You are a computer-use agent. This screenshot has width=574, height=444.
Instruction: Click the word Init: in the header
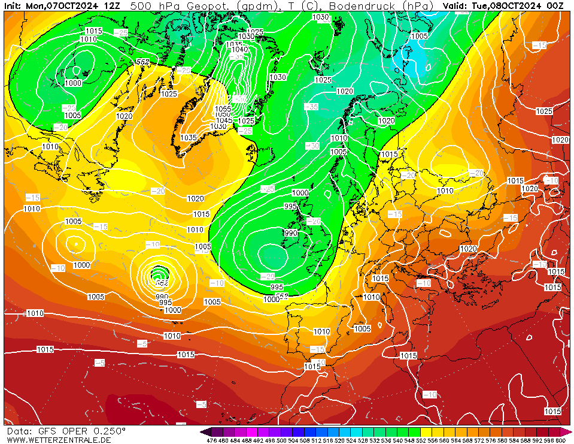click(x=13, y=5)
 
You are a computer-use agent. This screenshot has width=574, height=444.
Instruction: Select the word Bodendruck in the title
click(x=363, y=5)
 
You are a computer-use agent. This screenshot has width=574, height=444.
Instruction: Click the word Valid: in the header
click(x=455, y=5)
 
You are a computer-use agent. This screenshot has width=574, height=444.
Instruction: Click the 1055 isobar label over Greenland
click(x=223, y=109)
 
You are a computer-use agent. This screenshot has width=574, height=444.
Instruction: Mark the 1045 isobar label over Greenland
click(x=224, y=120)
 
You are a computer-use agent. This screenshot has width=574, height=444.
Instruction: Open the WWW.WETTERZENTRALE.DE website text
click(x=59, y=440)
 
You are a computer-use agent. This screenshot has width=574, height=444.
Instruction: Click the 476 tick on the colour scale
click(x=211, y=440)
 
